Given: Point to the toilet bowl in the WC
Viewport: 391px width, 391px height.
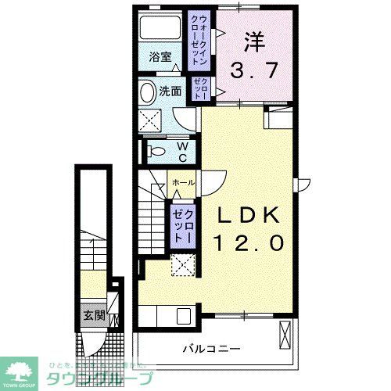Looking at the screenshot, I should [153, 150].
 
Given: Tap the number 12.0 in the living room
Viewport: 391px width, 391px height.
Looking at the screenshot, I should [245, 243].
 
